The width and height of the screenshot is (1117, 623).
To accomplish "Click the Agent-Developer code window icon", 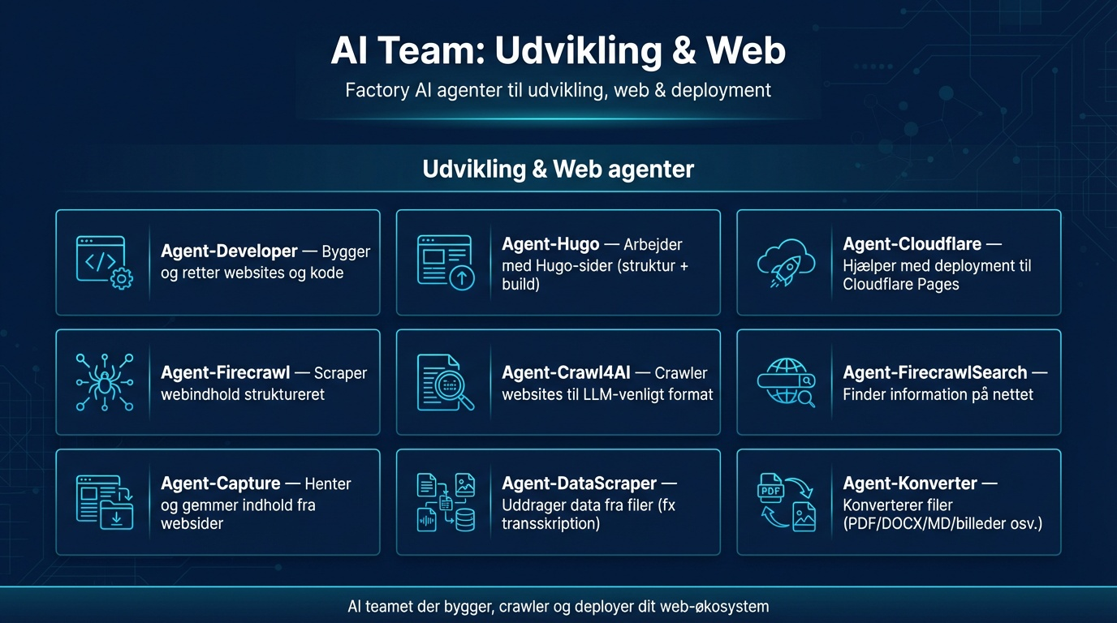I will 104,262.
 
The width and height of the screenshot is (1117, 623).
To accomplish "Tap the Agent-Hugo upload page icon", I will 445,262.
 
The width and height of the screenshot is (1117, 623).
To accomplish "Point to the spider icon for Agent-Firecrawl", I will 104,382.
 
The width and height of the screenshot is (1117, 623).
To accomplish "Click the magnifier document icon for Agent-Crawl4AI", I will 445,382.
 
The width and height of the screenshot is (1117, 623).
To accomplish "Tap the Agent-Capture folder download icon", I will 104,502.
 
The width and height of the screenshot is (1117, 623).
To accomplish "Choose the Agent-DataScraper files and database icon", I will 445,502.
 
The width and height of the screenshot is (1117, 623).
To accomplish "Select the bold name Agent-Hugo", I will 550,244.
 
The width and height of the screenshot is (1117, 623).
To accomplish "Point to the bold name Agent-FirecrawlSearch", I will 935,372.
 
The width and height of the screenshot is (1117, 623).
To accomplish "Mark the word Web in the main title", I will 745,51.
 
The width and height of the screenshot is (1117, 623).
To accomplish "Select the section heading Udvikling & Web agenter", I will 558,170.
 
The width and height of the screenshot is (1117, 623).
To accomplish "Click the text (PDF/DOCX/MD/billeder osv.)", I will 942,523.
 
